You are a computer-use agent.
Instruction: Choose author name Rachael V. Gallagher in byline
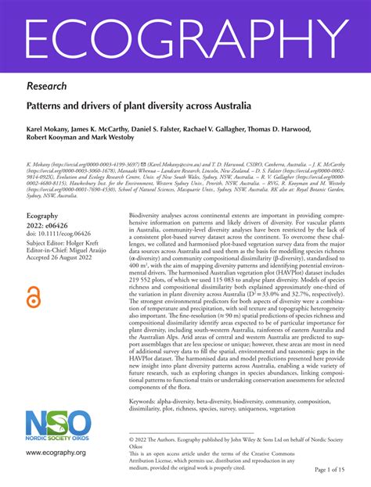225,127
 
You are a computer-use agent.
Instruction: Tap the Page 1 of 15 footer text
336,469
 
